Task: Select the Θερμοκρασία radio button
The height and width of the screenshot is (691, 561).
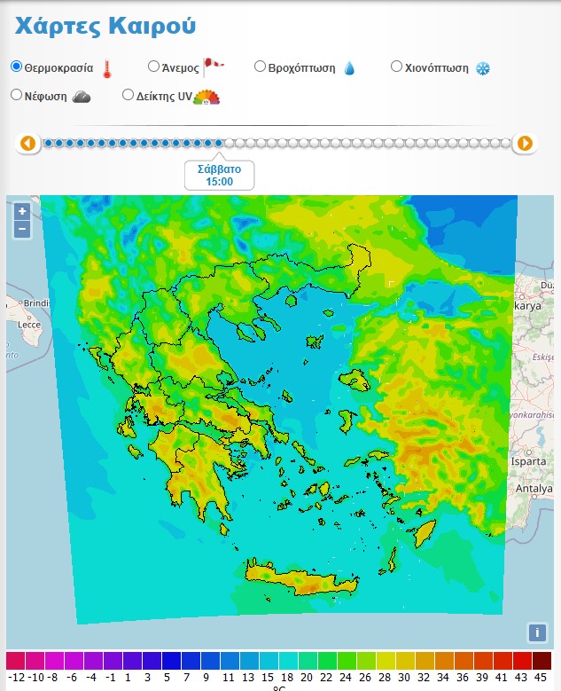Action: (x=16, y=67)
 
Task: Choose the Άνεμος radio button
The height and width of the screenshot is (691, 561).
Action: (x=153, y=67)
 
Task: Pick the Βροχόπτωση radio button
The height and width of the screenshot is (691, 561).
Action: (x=261, y=67)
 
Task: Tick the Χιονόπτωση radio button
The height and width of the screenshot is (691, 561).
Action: (x=397, y=67)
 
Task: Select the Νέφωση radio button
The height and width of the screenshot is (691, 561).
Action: (x=16, y=95)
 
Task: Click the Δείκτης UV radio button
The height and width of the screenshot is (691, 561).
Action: (x=129, y=95)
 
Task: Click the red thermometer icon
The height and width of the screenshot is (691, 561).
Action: (x=107, y=69)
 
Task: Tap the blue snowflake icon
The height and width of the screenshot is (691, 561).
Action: (x=483, y=68)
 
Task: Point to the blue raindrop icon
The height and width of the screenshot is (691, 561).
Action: (x=348, y=68)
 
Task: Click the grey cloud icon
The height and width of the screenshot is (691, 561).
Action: (x=81, y=97)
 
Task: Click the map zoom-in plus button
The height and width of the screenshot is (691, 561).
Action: (x=22, y=211)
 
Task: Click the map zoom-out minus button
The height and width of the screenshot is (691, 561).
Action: (x=22, y=229)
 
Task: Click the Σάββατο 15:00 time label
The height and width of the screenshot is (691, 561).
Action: (x=219, y=175)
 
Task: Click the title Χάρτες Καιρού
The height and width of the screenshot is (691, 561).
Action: (x=105, y=25)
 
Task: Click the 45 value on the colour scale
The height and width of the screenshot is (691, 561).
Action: (x=542, y=678)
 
